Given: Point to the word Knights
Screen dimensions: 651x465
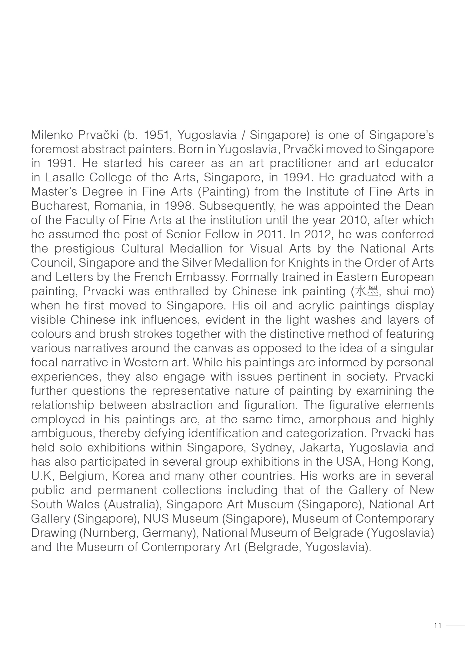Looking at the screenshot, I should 306,263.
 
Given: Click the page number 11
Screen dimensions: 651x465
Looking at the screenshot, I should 437,626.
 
